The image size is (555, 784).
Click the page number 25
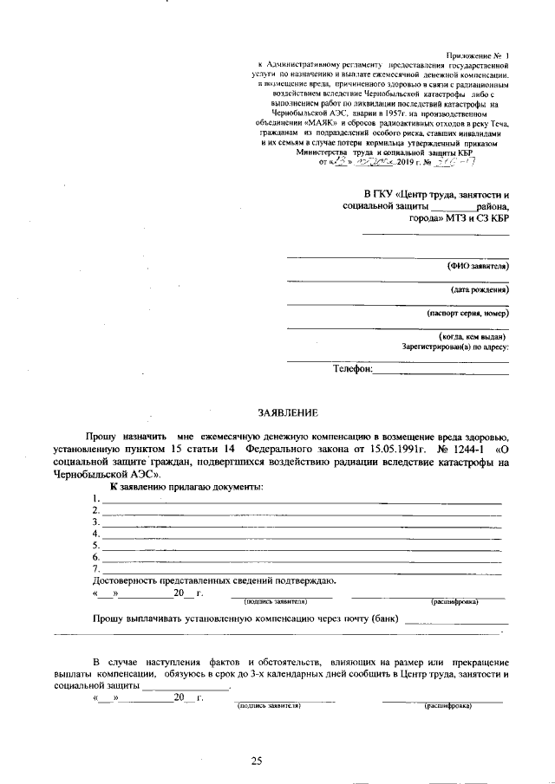point(257,761)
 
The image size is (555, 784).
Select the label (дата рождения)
point(479,288)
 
